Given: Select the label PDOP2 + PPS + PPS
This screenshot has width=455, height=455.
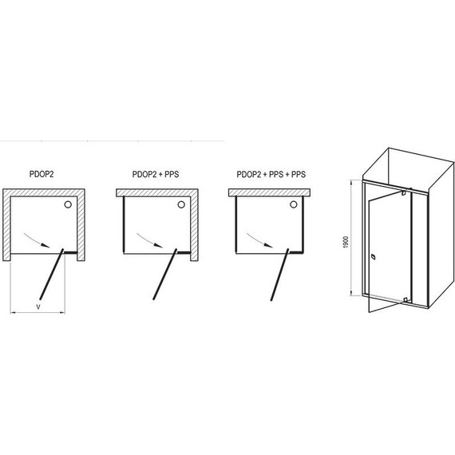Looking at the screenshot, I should click(x=271, y=172).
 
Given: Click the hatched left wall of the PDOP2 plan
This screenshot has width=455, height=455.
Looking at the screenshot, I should click(x=6, y=227).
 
